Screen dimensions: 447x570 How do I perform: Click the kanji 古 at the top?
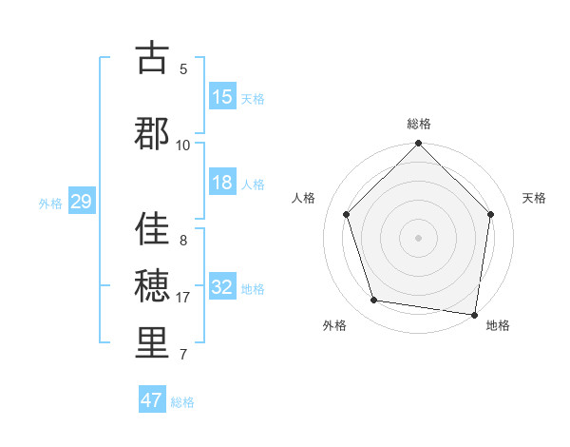(152, 59)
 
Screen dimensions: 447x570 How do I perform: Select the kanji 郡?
(152, 133)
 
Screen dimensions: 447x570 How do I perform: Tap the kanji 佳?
(152, 229)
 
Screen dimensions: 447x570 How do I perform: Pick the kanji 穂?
(152, 286)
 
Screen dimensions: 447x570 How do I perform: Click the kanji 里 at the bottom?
(152, 344)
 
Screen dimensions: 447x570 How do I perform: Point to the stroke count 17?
(184, 298)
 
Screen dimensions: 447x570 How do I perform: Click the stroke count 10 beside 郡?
(183, 145)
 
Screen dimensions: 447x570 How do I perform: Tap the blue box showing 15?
(222, 97)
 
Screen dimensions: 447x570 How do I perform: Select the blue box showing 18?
(222, 184)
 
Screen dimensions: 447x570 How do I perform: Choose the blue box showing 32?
(222, 287)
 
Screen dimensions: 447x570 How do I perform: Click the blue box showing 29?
(81, 202)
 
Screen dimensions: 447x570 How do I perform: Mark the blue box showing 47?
(152, 400)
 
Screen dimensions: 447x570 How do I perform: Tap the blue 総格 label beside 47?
(182, 402)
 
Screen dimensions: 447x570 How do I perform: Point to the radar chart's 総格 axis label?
(419, 124)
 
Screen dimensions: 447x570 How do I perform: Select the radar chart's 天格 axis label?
(535, 198)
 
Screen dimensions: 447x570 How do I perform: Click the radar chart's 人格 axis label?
(304, 198)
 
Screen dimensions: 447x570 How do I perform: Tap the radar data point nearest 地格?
(474, 313)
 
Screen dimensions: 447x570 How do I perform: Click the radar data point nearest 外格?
(374, 301)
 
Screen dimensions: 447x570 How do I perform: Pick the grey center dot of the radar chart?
(418, 237)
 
